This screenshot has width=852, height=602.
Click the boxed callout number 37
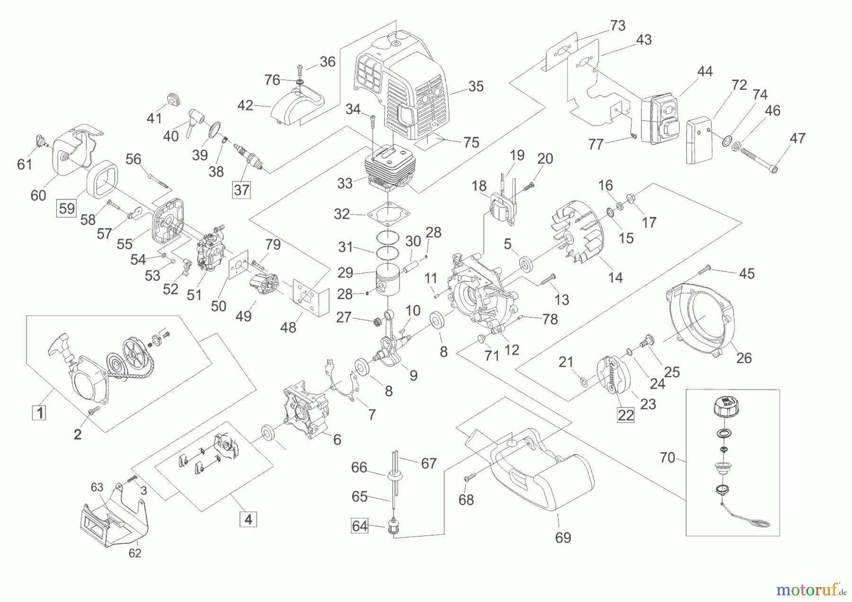(241, 190)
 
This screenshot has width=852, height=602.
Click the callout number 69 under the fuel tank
(563, 538)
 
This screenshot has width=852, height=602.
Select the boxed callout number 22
(626, 415)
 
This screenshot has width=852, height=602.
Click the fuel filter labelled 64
(392, 527)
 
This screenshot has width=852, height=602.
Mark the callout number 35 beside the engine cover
(476, 86)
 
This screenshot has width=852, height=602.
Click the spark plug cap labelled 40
(194, 119)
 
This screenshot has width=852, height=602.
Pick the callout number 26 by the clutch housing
(744, 358)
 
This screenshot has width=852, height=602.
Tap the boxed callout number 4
(248, 519)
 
